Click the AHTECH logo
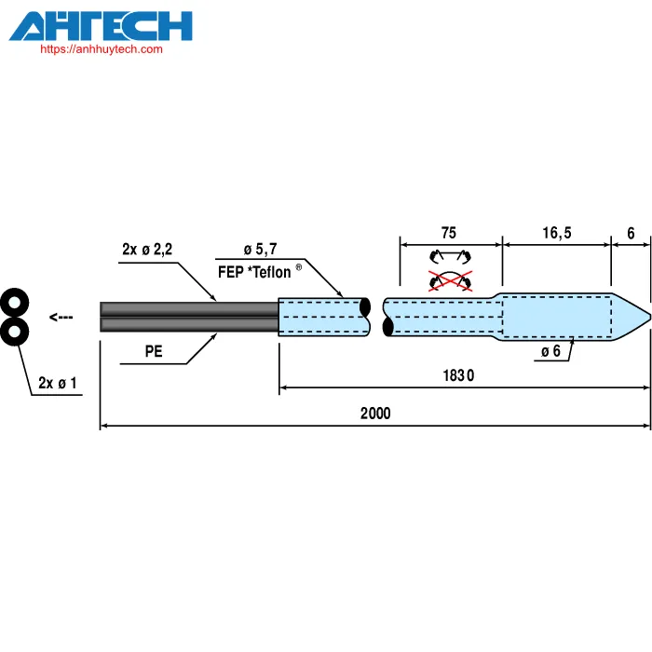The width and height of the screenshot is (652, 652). (x=101, y=26)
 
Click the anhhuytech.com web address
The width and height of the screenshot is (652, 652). (x=102, y=49)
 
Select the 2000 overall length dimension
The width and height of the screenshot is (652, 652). (x=375, y=414)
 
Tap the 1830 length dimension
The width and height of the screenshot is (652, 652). (x=458, y=375)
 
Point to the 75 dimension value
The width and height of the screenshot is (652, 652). (x=449, y=233)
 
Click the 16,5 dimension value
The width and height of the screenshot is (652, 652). (x=557, y=233)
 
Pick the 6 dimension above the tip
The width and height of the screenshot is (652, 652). (x=631, y=233)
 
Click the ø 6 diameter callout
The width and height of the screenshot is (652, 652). (x=550, y=352)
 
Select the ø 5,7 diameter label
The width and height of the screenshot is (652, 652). (x=260, y=250)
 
